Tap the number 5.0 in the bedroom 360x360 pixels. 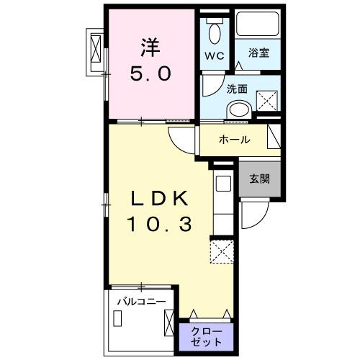pyautogui.click(x=150, y=73)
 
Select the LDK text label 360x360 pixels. pyautogui.click(x=161, y=199)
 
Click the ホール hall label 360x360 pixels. pyautogui.click(x=235, y=139)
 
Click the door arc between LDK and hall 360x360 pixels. pyautogui.click(x=181, y=136)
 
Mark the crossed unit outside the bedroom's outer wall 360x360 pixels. pyautogui.click(x=94, y=50)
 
